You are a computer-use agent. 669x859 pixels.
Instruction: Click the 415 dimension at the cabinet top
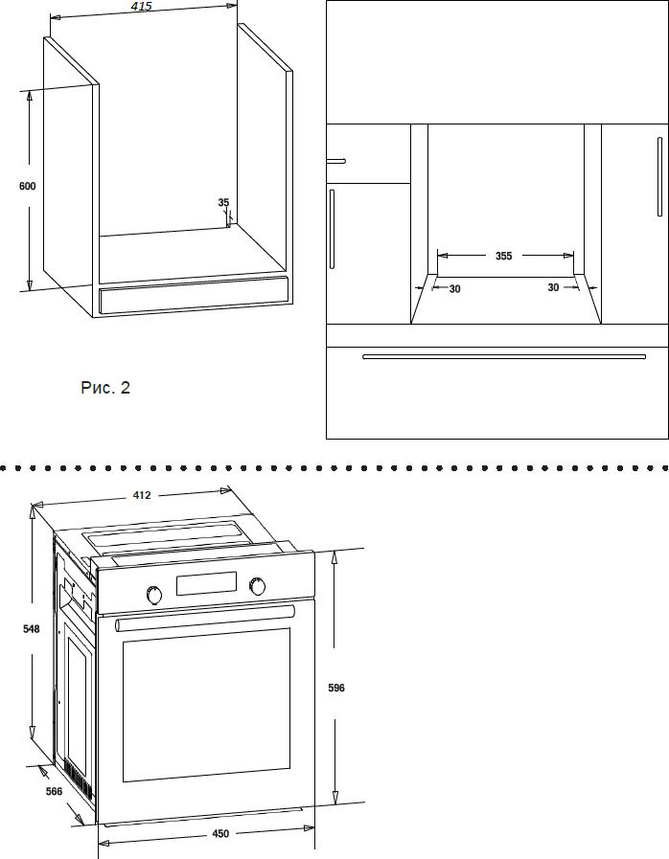pos(142,7)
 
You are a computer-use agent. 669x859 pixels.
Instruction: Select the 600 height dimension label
pos(28,187)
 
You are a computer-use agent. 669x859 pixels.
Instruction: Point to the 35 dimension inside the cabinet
pos(223,203)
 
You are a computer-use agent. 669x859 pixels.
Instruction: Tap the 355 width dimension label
pos(503,256)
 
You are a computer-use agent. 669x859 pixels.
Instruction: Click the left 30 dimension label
pos(454,288)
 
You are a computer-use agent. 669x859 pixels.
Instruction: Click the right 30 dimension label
pos(553,287)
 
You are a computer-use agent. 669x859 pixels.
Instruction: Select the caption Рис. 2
pos(105,388)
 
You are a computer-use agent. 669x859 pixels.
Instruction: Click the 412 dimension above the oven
pos(142,495)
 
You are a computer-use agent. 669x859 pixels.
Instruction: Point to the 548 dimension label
pos(32,629)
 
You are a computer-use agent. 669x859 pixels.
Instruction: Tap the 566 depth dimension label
pos(54,791)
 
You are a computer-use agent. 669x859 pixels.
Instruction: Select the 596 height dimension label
pos(336,688)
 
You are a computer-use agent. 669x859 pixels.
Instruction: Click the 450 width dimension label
pos(220,834)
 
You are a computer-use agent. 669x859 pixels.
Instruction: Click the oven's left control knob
pos(154,595)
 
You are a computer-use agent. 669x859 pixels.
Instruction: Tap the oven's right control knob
pos(257,586)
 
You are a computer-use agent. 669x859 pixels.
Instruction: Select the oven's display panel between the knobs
pos(206,583)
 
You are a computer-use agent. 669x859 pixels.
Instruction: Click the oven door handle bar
pos(205,618)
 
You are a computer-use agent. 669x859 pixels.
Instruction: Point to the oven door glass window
pos(206,705)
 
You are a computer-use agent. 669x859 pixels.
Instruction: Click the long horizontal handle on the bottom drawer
pos(504,356)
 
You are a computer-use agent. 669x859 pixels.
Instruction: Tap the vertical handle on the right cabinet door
pos(660,176)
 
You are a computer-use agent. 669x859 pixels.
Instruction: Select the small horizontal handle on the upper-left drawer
pos(335,161)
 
